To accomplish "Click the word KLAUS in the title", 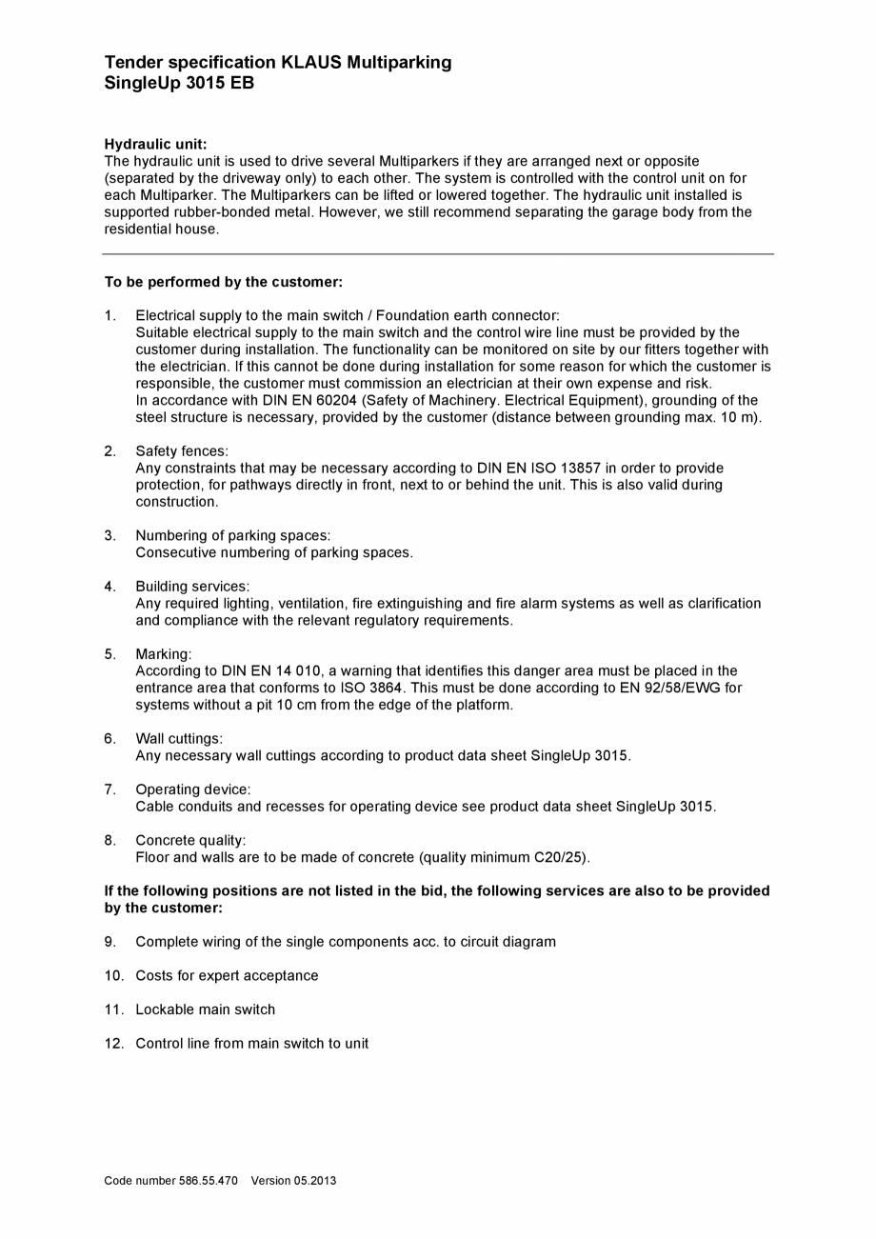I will click(x=310, y=63).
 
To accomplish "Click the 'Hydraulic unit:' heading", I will click(x=155, y=145).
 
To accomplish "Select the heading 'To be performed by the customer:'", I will click(x=223, y=282).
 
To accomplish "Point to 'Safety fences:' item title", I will click(x=182, y=451).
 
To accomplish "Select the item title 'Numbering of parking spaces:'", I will click(x=232, y=536).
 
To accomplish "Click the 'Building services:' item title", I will click(x=192, y=587).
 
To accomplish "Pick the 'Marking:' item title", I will click(x=163, y=654).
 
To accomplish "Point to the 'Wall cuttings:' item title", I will click(x=179, y=739).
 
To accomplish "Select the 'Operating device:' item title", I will click(x=192, y=789).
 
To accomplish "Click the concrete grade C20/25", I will click(x=560, y=858).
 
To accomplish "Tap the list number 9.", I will click(x=110, y=942).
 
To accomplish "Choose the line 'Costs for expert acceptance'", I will click(x=227, y=976).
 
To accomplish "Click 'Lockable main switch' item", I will click(x=205, y=1010).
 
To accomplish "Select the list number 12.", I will click(x=114, y=1044).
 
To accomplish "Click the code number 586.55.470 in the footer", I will click(x=208, y=1181).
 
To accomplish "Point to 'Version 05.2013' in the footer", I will click(x=293, y=1181).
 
